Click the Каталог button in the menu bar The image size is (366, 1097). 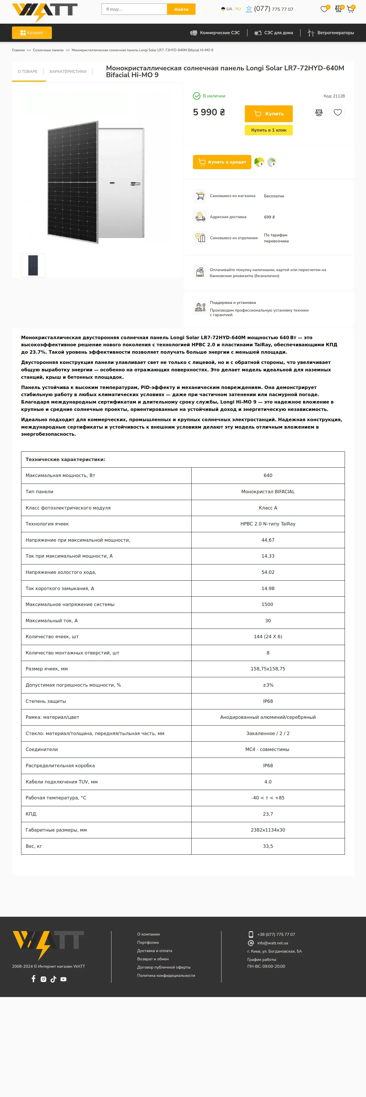32,33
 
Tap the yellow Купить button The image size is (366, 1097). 269,114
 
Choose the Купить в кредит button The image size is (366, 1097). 222,162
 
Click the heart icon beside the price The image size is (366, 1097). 337,112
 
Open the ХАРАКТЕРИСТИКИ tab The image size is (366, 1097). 68,71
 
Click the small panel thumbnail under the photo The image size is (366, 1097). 33,265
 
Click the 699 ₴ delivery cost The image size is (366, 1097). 269,217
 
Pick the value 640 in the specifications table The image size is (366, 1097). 268,476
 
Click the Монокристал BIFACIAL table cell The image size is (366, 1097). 268,492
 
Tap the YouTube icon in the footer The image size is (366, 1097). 64,979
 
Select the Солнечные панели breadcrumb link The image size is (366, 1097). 48,50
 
